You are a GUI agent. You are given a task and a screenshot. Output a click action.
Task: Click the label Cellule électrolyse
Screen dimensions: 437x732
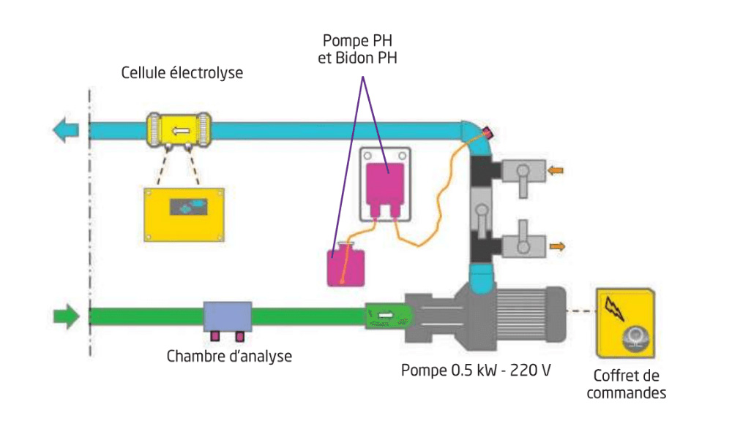(x=182, y=73)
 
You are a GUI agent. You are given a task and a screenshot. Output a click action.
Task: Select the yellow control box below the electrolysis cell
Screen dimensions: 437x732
(x=184, y=214)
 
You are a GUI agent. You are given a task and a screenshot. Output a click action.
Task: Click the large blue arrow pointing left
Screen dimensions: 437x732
(x=65, y=131)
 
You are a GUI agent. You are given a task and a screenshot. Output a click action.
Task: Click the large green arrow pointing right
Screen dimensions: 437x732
(x=65, y=316)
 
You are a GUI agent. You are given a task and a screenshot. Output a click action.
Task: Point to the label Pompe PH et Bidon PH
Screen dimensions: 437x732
(x=358, y=48)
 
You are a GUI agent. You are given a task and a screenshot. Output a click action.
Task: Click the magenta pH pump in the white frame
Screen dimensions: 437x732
(x=386, y=184)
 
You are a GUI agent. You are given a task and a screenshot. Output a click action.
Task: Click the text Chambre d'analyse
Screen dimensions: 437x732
(x=229, y=357)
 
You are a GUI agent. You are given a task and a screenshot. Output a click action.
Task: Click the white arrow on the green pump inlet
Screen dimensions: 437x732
(x=386, y=316)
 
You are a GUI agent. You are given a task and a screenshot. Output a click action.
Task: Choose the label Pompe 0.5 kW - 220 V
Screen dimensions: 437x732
(x=476, y=370)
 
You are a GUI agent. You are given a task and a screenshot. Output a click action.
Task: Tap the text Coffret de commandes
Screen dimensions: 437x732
(x=627, y=384)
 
